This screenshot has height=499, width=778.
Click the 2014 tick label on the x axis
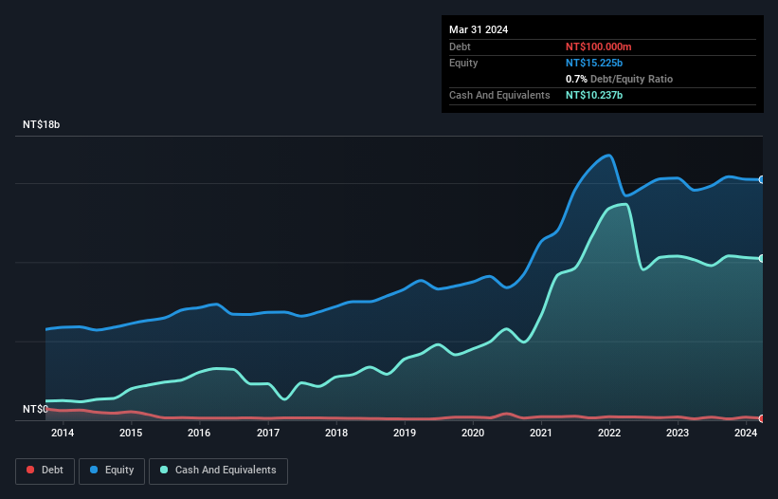[x=63, y=434]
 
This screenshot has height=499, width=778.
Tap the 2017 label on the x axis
[x=268, y=434]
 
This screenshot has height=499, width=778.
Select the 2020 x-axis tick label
[x=473, y=434]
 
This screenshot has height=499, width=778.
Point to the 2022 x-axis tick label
[x=609, y=434]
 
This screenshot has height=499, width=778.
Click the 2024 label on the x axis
[x=746, y=434]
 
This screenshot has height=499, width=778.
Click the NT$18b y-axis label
[x=41, y=125]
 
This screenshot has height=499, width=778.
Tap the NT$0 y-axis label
[x=35, y=409]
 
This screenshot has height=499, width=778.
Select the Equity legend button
[x=111, y=470]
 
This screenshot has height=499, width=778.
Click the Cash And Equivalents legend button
[x=218, y=470]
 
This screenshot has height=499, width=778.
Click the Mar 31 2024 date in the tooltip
[x=479, y=29]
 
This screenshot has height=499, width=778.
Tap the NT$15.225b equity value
[x=594, y=63]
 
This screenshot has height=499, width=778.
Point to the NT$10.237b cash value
[x=594, y=95]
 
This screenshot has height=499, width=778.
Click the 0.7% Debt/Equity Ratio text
[x=619, y=79]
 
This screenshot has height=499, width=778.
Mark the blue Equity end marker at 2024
[x=761, y=179]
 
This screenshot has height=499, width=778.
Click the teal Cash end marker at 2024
[x=761, y=259]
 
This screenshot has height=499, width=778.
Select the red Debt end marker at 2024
[x=761, y=418]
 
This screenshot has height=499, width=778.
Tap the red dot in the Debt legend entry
[x=30, y=470]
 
